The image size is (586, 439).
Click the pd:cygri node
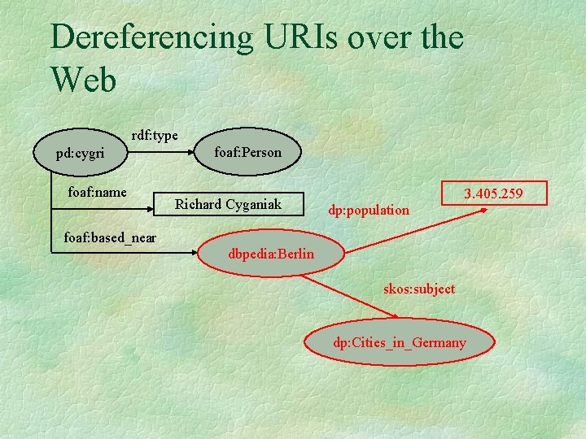pos(80,153)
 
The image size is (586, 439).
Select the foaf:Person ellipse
pos(247,152)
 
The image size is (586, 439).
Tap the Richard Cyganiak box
pos(228,204)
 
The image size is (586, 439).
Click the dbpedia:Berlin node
pos(271,254)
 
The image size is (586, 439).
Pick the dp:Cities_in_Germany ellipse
pos(400,342)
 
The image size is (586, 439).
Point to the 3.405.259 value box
pos(493,193)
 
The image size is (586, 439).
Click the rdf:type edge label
pos(155,135)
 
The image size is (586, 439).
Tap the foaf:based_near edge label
pos(110,237)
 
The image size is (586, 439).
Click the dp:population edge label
pos(369,210)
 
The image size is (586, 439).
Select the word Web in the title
pos(83,79)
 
